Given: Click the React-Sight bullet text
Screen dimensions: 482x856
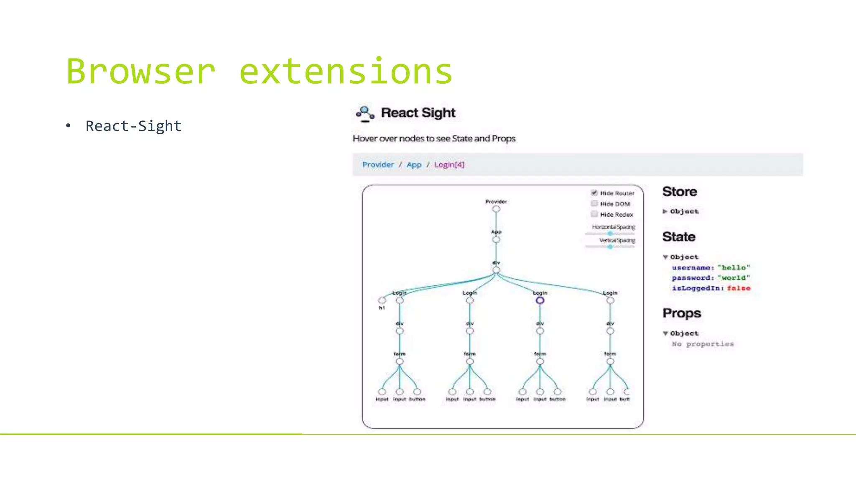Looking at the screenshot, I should click(x=133, y=126).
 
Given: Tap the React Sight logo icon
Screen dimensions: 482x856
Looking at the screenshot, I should click(x=365, y=113).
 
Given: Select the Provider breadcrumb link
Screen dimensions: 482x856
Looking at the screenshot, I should click(x=378, y=165).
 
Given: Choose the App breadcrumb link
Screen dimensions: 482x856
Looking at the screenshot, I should click(x=414, y=165).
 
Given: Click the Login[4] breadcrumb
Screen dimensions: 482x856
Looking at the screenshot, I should click(x=449, y=165).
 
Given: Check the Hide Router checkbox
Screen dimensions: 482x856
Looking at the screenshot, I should click(x=594, y=193).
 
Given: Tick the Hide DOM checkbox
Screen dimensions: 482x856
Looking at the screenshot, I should click(x=594, y=204).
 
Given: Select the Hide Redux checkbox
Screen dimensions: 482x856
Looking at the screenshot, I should click(x=594, y=214).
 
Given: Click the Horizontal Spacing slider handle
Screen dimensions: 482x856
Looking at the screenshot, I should click(x=610, y=233).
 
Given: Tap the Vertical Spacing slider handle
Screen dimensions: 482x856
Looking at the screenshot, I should click(x=610, y=247).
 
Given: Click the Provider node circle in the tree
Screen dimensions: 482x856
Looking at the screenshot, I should click(x=496, y=209).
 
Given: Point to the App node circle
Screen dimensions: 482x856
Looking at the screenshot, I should click(x=496, y=240).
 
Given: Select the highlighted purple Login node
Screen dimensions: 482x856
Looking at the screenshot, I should click(x=540, y=300).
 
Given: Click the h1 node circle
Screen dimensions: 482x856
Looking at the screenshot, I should click(x=382, y=300).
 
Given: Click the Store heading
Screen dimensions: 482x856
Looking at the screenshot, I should click(x=680, y=192).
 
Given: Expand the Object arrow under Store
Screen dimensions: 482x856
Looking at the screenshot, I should click(x=665, y=212).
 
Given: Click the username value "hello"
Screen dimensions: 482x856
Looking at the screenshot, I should click(x=734, y=268).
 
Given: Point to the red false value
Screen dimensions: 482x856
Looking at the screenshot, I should click(x=739, y=288).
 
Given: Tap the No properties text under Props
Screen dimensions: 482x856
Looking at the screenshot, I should click(x=703, y=344).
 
